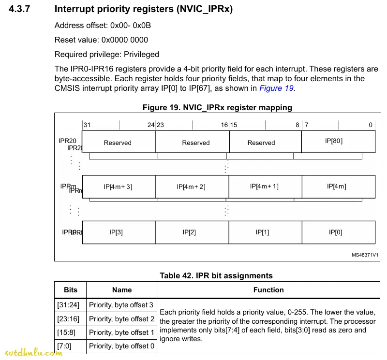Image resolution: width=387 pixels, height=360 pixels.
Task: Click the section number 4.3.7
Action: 19,9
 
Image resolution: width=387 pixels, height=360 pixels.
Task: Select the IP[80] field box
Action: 338,142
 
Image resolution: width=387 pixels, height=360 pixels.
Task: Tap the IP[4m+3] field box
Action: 119,187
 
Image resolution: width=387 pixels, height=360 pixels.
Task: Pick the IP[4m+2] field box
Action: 192,187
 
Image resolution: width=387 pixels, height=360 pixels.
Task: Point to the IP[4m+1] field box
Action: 265,187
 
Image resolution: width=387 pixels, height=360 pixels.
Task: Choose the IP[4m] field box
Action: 338,187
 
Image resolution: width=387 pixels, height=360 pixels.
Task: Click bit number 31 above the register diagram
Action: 87,125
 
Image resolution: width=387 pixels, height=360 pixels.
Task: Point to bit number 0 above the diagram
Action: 371,125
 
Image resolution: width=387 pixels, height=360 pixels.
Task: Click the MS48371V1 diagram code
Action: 365,254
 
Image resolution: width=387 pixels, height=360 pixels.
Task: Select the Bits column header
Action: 71,290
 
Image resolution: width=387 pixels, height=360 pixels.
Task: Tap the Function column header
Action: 268,290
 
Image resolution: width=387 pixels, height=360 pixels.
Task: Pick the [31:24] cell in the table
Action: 68,305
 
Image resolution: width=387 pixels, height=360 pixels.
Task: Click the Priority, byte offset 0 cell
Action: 122,346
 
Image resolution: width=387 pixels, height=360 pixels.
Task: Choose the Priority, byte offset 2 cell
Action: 122,319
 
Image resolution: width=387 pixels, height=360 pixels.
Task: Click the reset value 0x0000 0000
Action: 125,40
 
